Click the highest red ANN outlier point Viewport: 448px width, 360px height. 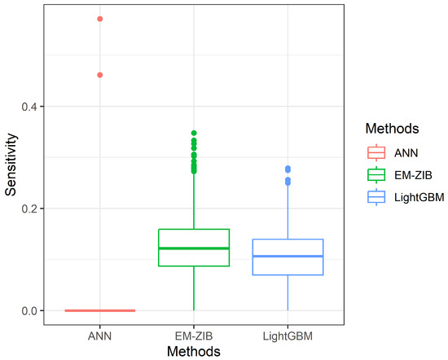click(100, 18)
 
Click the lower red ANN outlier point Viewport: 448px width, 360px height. click(100, 75)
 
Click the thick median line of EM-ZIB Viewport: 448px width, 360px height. click(194, 248)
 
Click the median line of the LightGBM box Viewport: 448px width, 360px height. click(288, 257)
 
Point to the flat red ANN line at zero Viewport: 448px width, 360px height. click(100, 310)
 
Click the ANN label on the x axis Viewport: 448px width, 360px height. click(100, 335)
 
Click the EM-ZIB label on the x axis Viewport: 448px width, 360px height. click(194, 335)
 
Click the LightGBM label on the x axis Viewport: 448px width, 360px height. click(288, 335)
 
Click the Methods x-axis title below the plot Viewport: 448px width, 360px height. click(194, 351)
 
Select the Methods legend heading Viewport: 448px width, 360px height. click(392, 129)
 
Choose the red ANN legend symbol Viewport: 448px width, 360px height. click(376, 151)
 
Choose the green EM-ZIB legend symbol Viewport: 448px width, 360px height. click(376, 173)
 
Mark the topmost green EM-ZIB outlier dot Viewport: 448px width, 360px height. click(194, 133)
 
